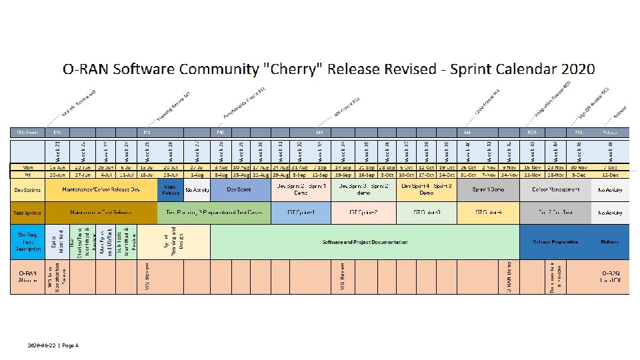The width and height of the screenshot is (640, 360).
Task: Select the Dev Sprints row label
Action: pos(27,190)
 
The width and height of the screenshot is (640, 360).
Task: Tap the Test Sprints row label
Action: pos(27,213)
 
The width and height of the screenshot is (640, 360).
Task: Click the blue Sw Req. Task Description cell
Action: pos(27,241)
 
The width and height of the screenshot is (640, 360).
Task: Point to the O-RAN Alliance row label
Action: pos(27,277)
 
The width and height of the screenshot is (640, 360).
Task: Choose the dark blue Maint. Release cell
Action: pos(169,190)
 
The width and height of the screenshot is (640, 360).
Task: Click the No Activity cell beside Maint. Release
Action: pos(197,190)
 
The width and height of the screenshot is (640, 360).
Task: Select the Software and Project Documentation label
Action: pos(363,241)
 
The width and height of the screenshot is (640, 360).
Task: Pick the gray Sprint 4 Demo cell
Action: pos(487,190)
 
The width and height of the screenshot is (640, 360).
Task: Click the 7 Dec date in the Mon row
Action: pos(609,167)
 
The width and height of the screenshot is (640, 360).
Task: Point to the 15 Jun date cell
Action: pos(59,167)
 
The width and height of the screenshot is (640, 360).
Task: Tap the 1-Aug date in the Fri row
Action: pos(197,174)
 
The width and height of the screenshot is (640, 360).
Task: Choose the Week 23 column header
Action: pos(59,149)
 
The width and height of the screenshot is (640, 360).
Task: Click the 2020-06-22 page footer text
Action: pos(53,345)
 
